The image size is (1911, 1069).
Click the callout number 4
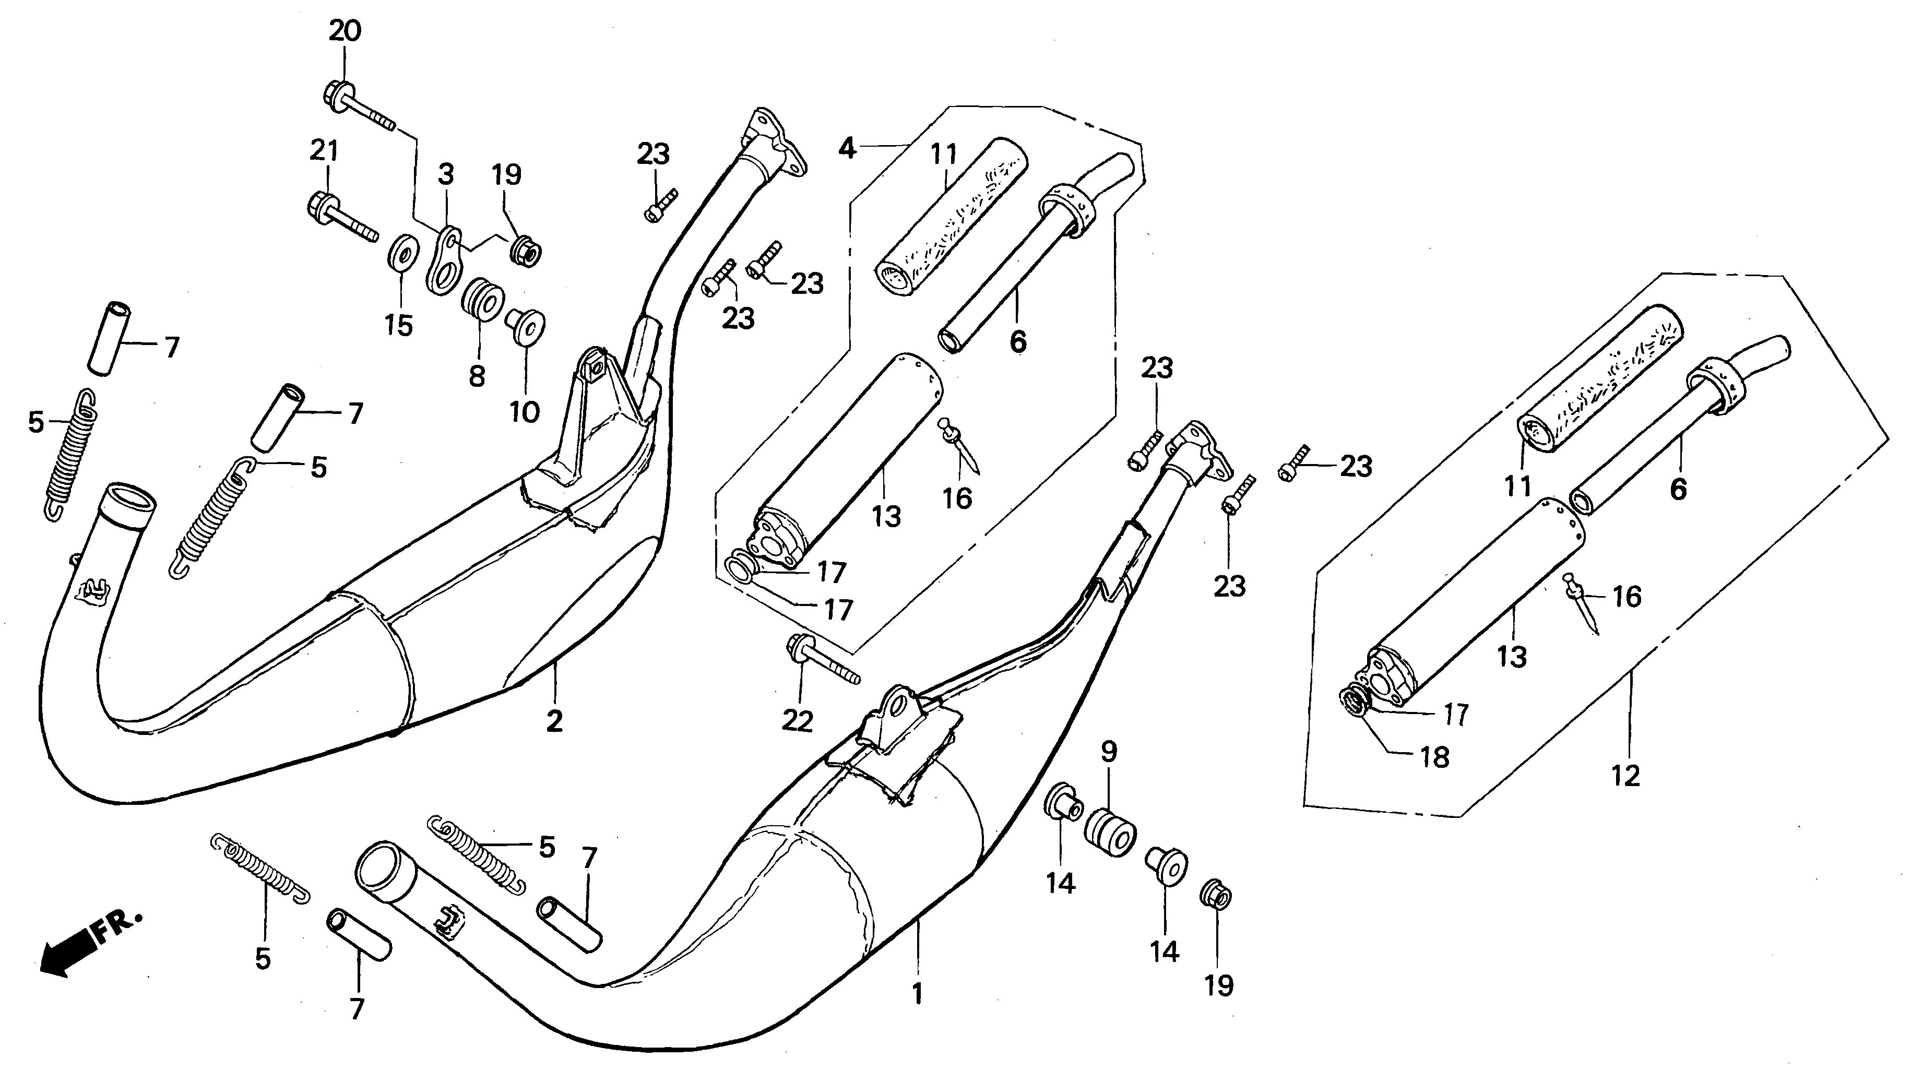click(847, 148)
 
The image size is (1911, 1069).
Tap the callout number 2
click(554, 720)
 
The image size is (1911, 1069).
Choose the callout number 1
click(918, 993)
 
